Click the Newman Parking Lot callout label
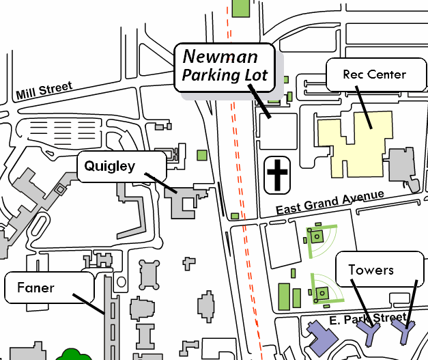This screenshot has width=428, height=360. click(x=225, y=67)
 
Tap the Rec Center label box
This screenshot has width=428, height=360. click(x=374, y=74)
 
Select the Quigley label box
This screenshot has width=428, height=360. click(x=120, y=166)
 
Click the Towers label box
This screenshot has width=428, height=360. click(x=380, y=271)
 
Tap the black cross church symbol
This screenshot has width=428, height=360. click(x=277, y=175)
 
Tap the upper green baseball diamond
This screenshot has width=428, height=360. click(x=320, y=238)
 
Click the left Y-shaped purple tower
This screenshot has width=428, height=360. click(x=371, y=334)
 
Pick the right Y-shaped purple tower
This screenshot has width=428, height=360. click(x=404, y=333)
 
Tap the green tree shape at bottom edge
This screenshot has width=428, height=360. click(x=73, y=355)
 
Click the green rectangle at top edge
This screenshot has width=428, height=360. click(x=240, y=8)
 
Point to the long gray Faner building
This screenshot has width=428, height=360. click(x=109, y=321)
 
